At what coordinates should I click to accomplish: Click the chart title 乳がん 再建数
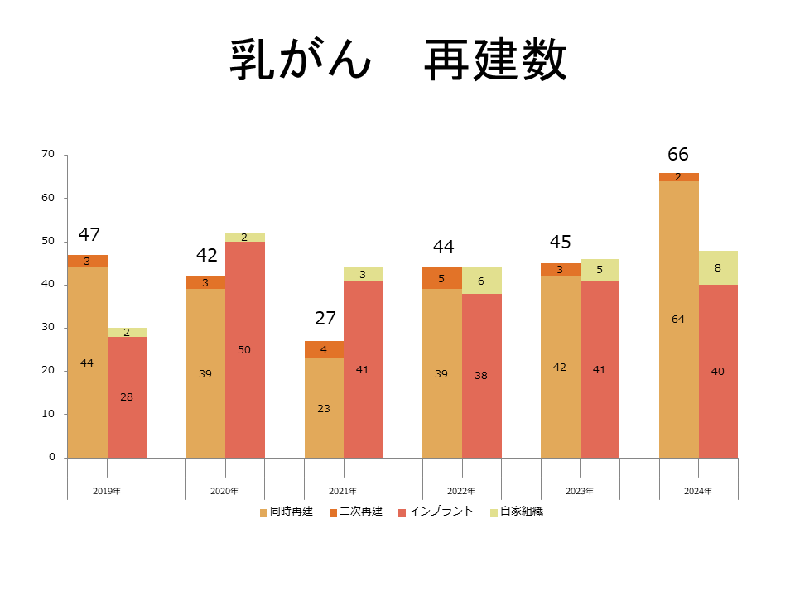click(x=397, y=60)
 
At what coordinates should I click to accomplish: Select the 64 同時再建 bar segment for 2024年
click(x=678, y=319)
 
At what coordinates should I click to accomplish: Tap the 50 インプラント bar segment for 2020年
click(x=244, y=349)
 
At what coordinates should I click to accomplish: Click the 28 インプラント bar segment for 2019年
click(x=127, y=397)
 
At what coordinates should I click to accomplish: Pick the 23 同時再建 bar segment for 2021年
click(x=324, y=408)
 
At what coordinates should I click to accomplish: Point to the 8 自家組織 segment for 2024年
click(x=718, y=267)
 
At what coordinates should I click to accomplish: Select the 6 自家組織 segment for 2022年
click(x=481, y=281)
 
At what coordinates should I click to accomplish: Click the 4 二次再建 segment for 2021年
click(x=324, y=349)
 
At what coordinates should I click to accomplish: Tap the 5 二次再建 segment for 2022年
click(x=441, y=278)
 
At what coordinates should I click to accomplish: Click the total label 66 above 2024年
click(x=678, y=155)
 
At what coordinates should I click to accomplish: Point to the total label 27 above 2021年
click(x=325, y=319)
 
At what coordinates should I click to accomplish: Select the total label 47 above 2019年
click(x=89, y=234)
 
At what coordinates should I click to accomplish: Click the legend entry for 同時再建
click(x=287, y=512)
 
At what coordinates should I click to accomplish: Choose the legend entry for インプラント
click(x=436, y=512)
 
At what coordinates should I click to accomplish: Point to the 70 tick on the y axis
click(x=48, y=154)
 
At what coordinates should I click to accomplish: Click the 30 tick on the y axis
click(x=48, y=327)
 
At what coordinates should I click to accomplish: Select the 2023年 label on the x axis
click(x=580, y=491)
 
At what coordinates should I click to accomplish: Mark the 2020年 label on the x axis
click(x=224, y=491)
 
